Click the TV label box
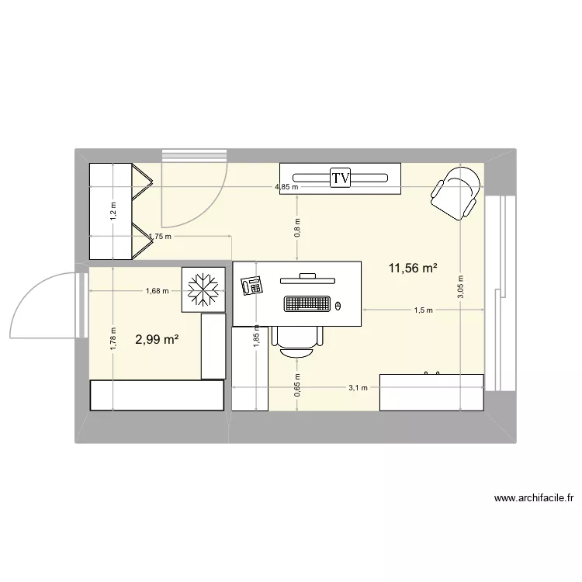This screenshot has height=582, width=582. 340,178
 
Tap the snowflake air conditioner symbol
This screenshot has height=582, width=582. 203,290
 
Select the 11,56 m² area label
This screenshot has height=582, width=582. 413,268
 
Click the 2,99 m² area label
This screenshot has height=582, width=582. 158,339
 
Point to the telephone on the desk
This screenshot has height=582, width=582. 251,286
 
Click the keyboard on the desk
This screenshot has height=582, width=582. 307,303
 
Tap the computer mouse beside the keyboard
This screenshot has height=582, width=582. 338,304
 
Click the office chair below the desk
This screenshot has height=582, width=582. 298,341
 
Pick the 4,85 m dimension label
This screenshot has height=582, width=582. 289,187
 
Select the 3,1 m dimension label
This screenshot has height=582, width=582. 359,387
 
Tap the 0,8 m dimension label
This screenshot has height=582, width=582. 296,227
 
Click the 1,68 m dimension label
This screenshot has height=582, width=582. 157,291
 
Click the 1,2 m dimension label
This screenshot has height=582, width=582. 113,211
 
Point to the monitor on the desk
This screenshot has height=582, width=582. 307,275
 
